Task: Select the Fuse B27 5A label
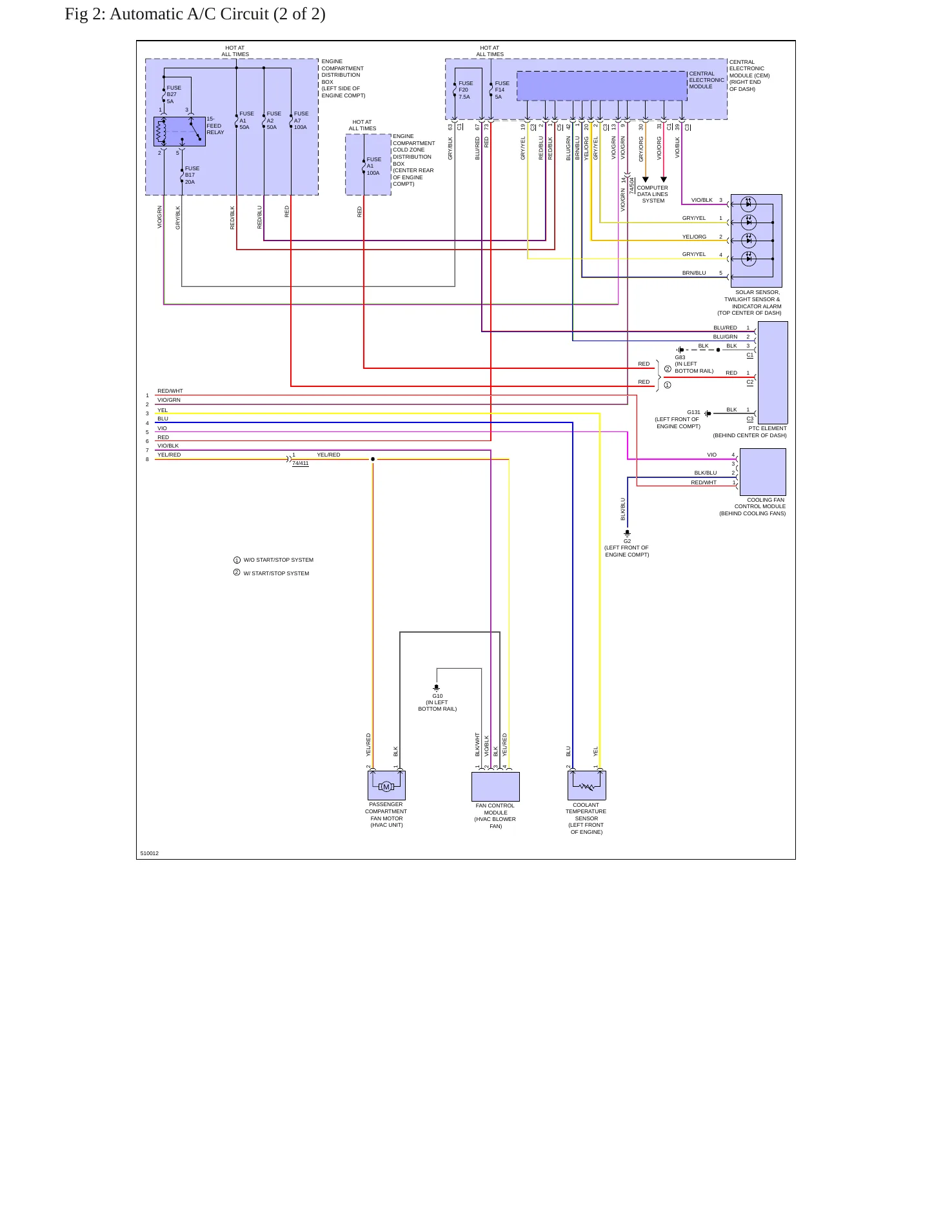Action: (x=174, y=94)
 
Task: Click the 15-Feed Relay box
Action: (x=179, y=132)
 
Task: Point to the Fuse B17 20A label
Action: (x=192, y=175)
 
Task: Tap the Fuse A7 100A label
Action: (x=301, y=120)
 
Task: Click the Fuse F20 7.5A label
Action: (x=466, y=90)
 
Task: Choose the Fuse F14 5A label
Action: (x=502, y=90)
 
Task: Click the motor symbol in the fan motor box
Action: (x=386, y=786)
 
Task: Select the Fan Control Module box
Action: (x=495, y=786)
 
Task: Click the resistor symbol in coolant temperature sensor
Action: (x=587, y=786)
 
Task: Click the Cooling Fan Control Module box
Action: (x=763, y=472)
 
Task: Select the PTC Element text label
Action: (x=768, y=428)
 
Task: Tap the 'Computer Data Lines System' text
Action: (x=653, y=194)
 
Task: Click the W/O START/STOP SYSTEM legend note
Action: (x=279, y=560)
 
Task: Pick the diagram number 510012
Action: (x=150, y=853)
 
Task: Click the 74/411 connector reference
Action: (x=301, y=463)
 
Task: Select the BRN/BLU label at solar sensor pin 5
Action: (x=694, y=273)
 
